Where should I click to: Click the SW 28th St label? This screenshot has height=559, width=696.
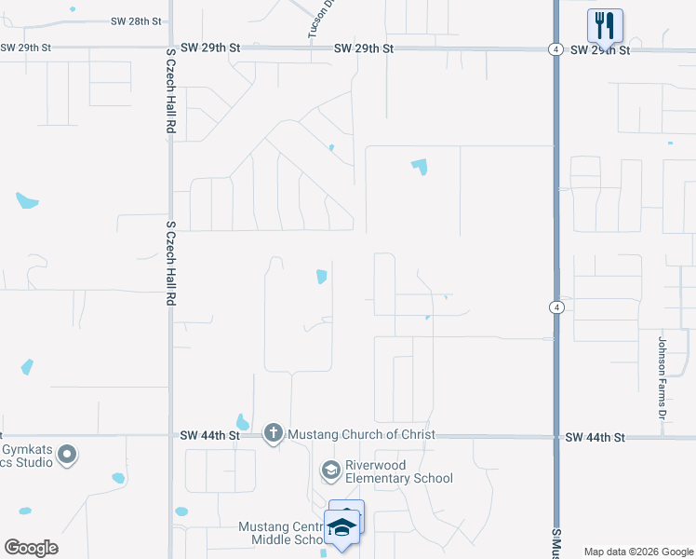[x=136, y=20]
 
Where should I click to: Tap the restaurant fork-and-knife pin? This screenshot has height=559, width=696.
[x=605, y=25]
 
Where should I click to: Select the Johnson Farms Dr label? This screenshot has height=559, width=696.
[x=663, y=376]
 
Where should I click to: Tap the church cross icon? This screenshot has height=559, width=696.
[x=273, y=432]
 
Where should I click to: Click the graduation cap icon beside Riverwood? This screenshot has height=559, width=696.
[x=330, y=470]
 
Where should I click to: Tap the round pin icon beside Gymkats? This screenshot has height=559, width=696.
[x=66, y=455]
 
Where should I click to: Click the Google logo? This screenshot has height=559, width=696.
[x=31, y=548]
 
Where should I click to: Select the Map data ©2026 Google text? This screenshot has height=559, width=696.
[x=637, y=552]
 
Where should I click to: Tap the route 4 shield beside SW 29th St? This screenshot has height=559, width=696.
[x=555, y=49]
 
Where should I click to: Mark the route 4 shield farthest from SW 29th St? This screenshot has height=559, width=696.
[x=555, y=307]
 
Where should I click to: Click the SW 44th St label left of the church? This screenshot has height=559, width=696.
[x=209, y=435]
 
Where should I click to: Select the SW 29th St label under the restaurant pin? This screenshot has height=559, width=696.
[x=600, y=49]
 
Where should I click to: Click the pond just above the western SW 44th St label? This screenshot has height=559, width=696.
[x=243, y=422]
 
